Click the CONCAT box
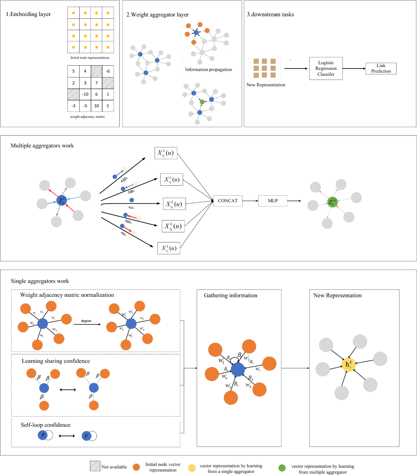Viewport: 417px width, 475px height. (x=228, y=201)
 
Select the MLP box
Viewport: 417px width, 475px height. (x=273, y=201)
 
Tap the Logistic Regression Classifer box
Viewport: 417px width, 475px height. (x=326, y=68)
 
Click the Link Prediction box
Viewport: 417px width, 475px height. (x=381, y=68)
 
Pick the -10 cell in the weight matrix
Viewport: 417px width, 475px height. (x=85, y=94)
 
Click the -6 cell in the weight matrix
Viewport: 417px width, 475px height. (x=108, y=71)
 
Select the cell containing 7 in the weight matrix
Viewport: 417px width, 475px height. (x=97, y=83)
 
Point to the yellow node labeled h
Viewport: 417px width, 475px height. (x=348, y=365)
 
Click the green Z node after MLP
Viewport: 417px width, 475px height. (x=333, y=202)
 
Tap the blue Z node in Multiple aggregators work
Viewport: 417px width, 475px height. (x=62, y=200)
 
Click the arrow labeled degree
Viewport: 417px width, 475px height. (x=87, y=324)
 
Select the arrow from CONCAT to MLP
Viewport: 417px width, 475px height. (x=250, y=201)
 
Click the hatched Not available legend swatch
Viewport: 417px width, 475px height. (x=95, y=466)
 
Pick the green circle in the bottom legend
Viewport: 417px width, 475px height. (x=282, y=468)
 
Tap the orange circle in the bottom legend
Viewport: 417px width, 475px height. (x=136, y=467)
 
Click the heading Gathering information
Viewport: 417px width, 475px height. (x=230, y=295)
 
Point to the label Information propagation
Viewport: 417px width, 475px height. (x=208, y=69)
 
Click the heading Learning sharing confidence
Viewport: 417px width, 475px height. (x=56, y=361)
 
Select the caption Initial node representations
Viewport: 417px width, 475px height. (x=90, y=58)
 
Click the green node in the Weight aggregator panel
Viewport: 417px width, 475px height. (x=202, y=102)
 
